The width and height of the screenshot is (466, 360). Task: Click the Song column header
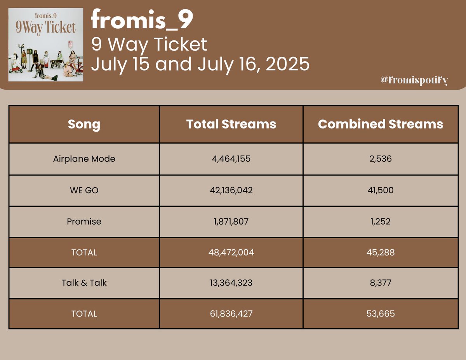tap(84, 125)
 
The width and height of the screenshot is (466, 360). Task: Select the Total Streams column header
tap(231, 124)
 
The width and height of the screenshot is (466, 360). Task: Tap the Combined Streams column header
tap(381, 124)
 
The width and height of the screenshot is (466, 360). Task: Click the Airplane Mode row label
tap(84, 159)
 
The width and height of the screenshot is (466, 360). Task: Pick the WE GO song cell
tap(84, 190)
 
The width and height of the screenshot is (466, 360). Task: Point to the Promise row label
tap(84, 222)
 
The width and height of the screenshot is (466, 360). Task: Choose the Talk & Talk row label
tap(84, 283)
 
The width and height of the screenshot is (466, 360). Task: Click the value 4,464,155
tap(231, 159)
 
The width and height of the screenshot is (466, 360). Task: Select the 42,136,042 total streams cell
tap(231, 190)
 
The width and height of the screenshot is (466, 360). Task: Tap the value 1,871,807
tap(231, 222)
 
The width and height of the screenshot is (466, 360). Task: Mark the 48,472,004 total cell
tap(231, 253)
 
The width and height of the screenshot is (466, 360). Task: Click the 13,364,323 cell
tap(231, 283)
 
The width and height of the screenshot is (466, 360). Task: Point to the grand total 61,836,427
tap(231, 313)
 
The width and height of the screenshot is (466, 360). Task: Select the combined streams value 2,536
tap(381, 159)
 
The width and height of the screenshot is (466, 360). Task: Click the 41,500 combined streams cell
tap(381, 190)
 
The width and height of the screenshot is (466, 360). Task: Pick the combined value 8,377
tap(381, 283)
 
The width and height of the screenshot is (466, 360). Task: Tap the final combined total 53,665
tap(381, 313)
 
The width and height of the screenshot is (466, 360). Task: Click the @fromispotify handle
tap(414, 80)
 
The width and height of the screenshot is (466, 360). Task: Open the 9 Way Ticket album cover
tap(46, 45)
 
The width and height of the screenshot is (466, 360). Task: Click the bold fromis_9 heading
tap(142, 22)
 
